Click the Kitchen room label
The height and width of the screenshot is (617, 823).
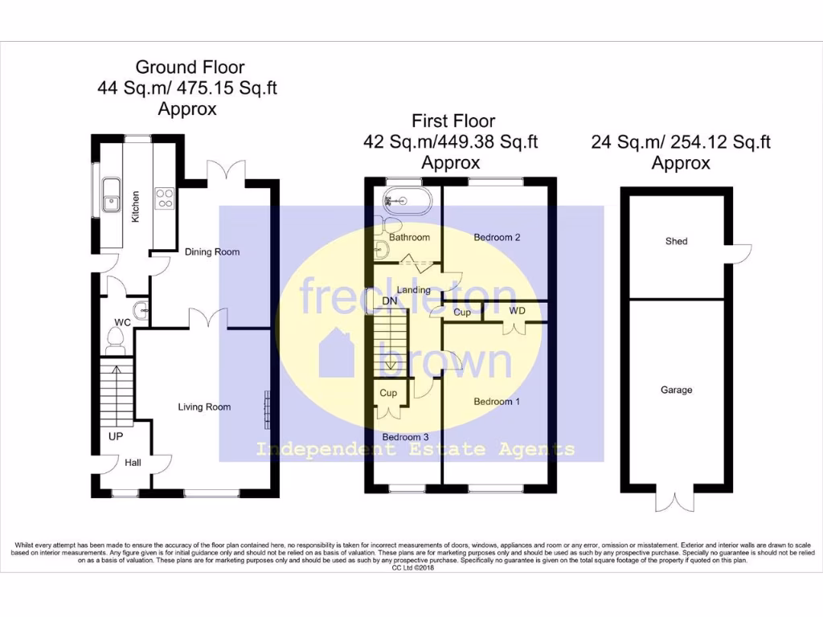(136, 206)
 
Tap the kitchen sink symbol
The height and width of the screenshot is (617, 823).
(111, 196)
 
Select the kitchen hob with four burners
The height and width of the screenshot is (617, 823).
(165, 198)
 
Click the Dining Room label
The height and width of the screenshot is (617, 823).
(212, 252)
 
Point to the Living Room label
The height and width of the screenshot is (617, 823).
(204, 407)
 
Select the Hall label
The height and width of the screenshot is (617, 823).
(133, 463)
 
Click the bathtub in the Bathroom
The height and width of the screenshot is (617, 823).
(407, 199)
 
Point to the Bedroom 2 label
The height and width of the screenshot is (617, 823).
(497, 238)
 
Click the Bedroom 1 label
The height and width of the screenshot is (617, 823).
(493, 402)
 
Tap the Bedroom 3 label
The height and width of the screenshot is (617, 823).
(407, 437)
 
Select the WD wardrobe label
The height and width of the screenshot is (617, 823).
(517, 310)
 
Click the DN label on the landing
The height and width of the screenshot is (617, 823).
(390, 301)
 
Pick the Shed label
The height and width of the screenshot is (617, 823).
(676, 241)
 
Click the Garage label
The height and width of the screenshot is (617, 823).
(676, 390)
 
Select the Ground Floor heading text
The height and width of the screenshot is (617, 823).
(190, 67)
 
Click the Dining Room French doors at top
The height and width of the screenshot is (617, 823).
(225, 171)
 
